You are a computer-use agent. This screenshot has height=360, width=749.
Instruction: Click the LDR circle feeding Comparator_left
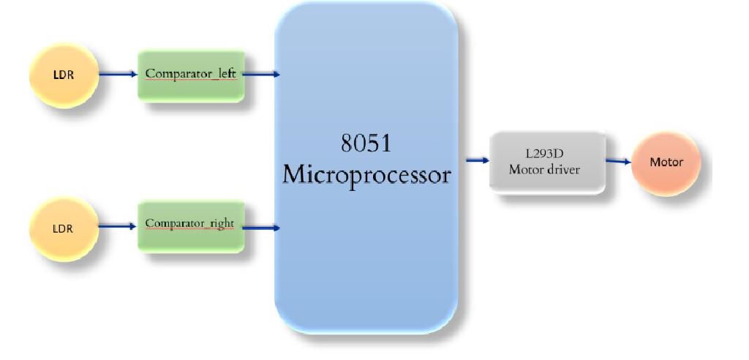click(64, 74)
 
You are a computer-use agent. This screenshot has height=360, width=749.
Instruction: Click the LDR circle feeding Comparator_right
click(64, 228)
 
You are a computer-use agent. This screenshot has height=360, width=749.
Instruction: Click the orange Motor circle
click(666, 162)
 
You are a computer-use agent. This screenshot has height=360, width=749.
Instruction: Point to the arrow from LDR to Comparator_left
click(117, 74)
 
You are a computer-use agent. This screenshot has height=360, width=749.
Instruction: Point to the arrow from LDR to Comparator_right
click(117, 226)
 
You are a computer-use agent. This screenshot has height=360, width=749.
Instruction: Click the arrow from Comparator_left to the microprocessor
click(260, 74)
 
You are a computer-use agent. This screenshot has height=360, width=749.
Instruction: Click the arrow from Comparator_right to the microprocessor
click(260, 228)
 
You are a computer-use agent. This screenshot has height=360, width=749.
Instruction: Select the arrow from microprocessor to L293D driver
click(477, 160)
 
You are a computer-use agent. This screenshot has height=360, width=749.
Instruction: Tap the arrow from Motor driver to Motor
click(618, 161)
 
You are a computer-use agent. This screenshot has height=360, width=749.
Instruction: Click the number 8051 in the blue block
click(366, 143)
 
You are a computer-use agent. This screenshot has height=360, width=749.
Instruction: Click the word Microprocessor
click(366, 175)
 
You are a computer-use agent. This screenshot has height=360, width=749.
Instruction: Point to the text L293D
click(546, 154)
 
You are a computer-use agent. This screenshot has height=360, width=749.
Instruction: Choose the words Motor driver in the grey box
click(546, 170)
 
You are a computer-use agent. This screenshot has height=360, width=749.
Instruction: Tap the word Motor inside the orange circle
click(666, 162)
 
